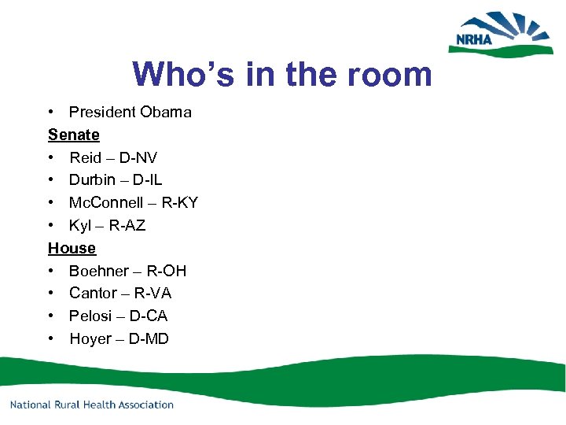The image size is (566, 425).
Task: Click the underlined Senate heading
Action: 74,135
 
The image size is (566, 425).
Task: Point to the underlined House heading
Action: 72,248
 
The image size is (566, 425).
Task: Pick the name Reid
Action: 86,157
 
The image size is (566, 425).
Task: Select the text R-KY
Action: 178,203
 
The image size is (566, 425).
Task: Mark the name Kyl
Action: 80,226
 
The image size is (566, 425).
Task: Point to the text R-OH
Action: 167,271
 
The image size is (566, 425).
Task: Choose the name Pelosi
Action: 90,316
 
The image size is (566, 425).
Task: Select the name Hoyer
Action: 90,339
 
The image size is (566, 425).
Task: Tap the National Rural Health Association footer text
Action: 91,405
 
